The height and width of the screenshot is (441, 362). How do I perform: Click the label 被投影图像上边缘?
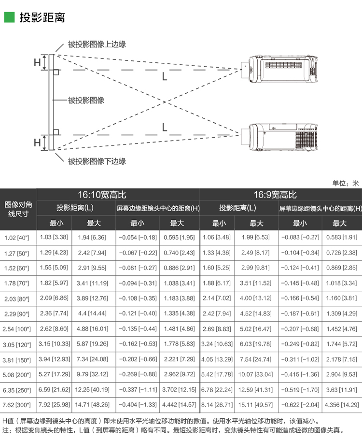point(97,44)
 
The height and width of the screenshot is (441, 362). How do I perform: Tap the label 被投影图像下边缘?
point(97,161)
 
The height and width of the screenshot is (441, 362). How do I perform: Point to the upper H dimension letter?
point(37,62)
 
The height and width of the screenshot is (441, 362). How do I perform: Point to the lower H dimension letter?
point(37,142)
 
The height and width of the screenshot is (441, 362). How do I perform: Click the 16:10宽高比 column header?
point(101,195)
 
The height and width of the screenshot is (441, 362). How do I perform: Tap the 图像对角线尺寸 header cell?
point(18,209)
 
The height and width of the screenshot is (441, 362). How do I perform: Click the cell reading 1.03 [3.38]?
point(54,237)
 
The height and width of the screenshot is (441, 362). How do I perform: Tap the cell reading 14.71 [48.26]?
point(93,404)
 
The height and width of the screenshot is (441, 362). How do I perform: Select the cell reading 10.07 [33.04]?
point(256,374)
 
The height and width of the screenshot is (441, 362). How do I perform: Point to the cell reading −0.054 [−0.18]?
point(138,237)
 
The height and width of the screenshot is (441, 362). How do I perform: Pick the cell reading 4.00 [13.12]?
point(256,299)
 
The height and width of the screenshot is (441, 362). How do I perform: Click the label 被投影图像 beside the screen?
point(86,100)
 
